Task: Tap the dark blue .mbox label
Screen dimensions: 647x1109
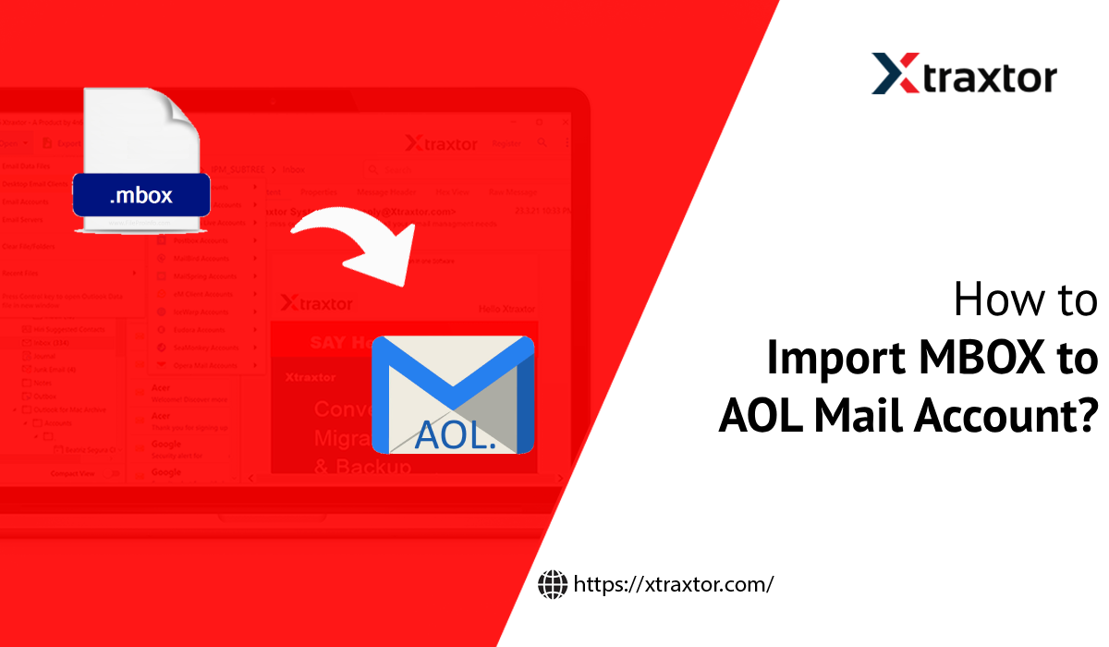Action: click(141, 195)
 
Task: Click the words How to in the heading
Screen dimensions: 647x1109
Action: click(1026, 302)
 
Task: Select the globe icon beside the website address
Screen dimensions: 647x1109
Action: click(552, 583)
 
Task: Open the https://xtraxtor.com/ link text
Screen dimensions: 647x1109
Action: click(673, 584)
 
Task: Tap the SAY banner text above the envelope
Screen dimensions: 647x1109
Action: click(329, 343)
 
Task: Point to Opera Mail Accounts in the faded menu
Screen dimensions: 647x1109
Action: click(206, 365)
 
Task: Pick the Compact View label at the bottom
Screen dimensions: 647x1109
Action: click(73, 473)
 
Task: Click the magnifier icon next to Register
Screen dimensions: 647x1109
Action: click(541, 143)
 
